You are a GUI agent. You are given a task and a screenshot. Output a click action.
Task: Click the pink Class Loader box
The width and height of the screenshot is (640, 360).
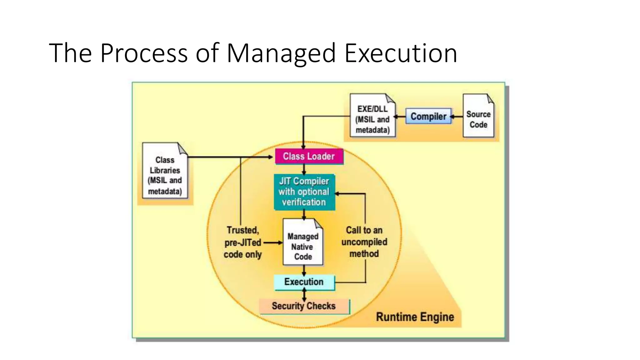309,156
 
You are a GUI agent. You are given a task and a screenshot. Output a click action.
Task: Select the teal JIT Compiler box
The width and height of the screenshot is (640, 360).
304,192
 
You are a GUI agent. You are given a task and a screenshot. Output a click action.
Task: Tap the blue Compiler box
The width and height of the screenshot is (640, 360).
428,116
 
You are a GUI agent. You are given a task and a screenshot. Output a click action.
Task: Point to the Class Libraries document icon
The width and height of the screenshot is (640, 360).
165,171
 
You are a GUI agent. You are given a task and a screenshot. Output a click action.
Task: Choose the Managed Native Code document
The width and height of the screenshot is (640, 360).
303,242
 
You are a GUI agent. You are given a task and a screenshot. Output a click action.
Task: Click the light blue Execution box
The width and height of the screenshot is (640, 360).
304,282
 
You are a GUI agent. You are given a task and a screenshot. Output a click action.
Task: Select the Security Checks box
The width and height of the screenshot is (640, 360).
304,306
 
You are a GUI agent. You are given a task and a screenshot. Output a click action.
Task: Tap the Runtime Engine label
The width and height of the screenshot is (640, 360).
415,317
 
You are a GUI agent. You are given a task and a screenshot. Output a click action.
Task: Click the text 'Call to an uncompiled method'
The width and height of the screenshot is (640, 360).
364,242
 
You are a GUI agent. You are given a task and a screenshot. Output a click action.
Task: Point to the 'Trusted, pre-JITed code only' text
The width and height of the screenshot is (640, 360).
242,242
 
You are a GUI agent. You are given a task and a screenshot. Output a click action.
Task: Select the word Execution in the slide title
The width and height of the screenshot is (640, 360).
401,53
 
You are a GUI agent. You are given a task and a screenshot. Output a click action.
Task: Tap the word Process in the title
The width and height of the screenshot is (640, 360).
144,53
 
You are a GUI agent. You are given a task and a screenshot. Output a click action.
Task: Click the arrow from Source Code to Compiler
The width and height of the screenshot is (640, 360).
457,117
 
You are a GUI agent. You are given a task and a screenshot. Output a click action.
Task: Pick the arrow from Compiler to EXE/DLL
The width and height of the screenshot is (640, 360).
400,117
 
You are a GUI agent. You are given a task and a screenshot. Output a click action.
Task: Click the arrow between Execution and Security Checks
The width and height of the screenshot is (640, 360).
304,295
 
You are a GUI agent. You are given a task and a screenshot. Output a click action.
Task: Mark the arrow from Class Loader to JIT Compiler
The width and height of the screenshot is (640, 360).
304,169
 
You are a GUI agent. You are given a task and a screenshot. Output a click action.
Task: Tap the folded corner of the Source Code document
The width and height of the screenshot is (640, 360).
490,99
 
